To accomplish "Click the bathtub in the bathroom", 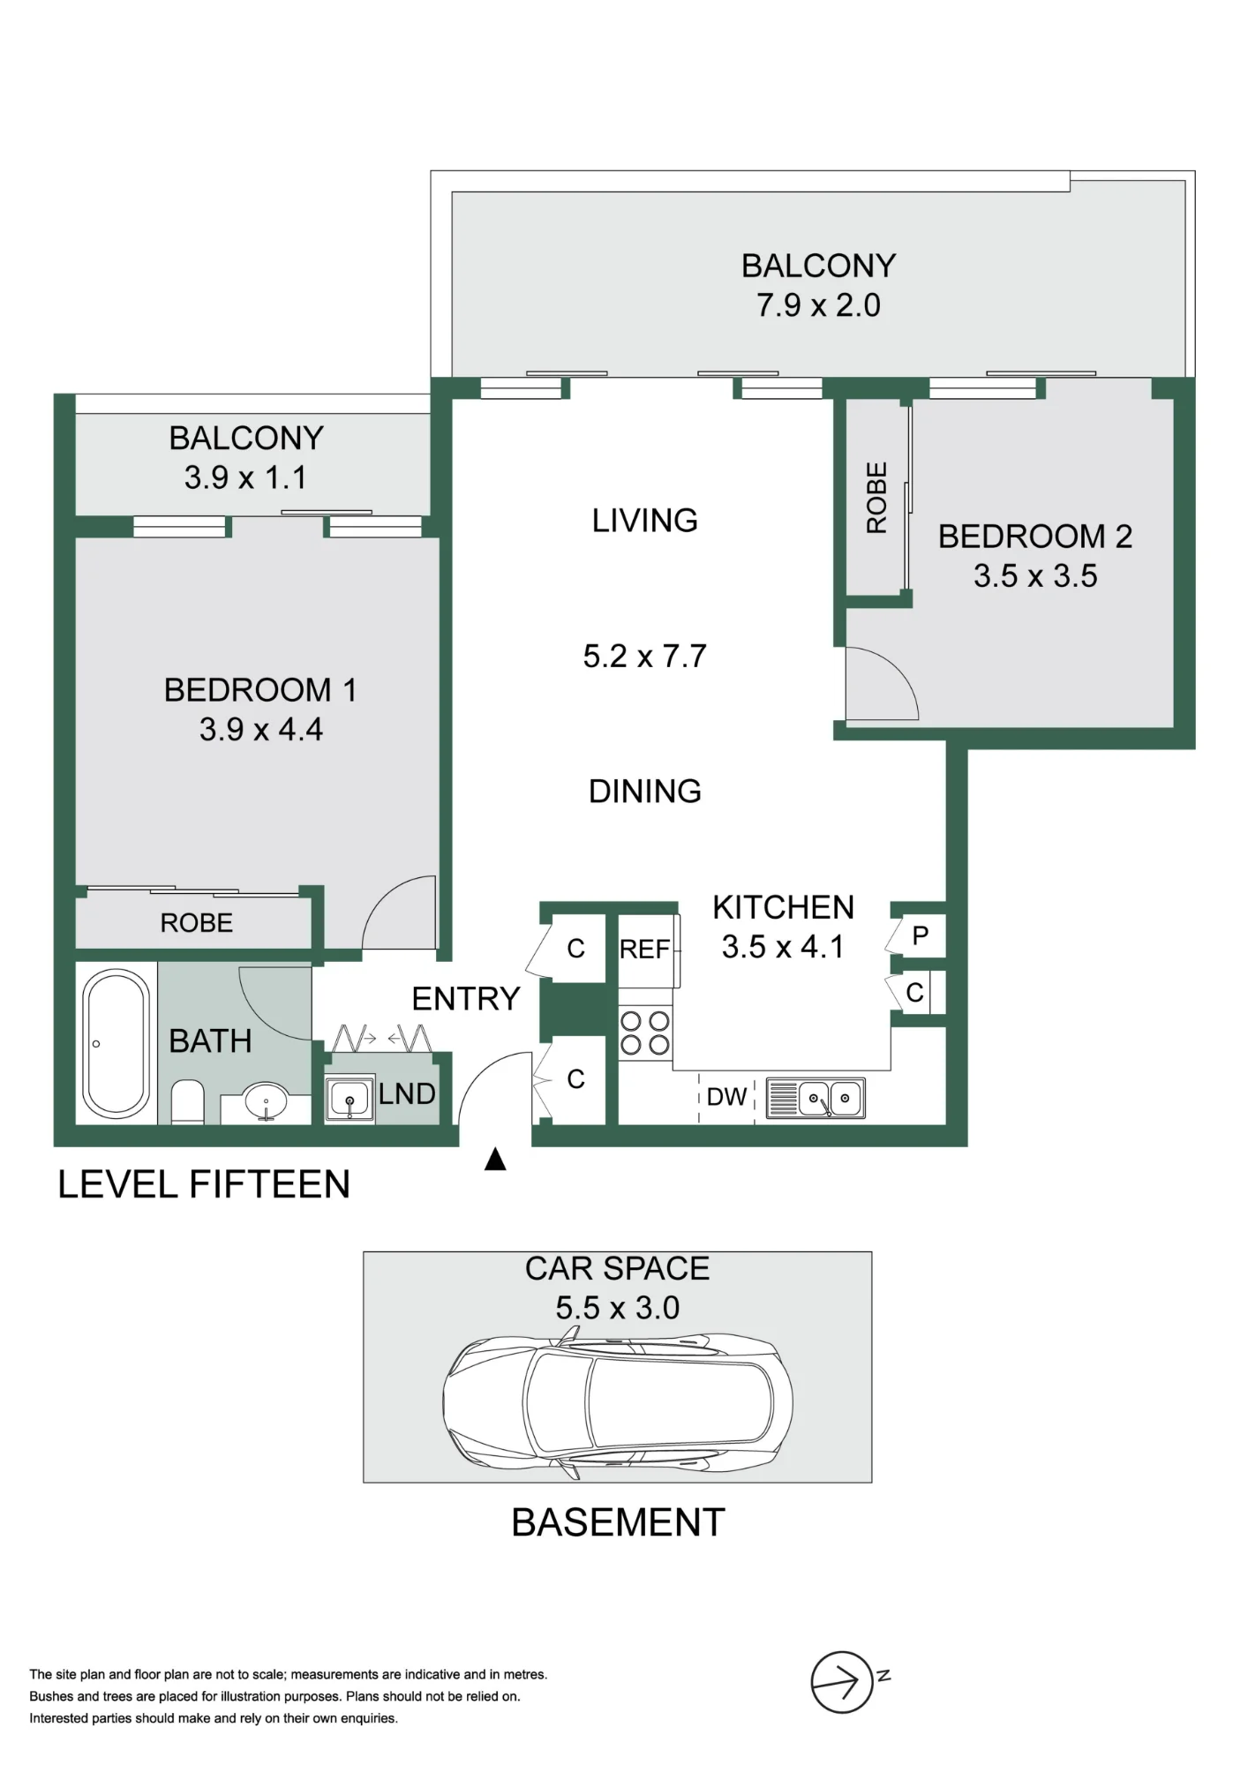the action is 117,1044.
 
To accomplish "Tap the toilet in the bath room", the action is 187,1101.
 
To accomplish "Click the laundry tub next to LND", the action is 350,1100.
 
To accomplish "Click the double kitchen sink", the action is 816,1099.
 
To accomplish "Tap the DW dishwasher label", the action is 727,1097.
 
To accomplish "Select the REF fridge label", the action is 644,950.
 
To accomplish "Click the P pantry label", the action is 921,935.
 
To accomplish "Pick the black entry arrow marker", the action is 495,1159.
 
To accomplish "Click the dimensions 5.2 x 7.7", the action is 645,657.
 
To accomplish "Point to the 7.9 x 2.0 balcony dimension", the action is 818,305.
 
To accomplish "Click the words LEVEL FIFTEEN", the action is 204,1184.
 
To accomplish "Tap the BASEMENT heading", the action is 619,1523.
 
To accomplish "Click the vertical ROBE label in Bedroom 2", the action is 876,498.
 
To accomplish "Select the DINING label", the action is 645,792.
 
